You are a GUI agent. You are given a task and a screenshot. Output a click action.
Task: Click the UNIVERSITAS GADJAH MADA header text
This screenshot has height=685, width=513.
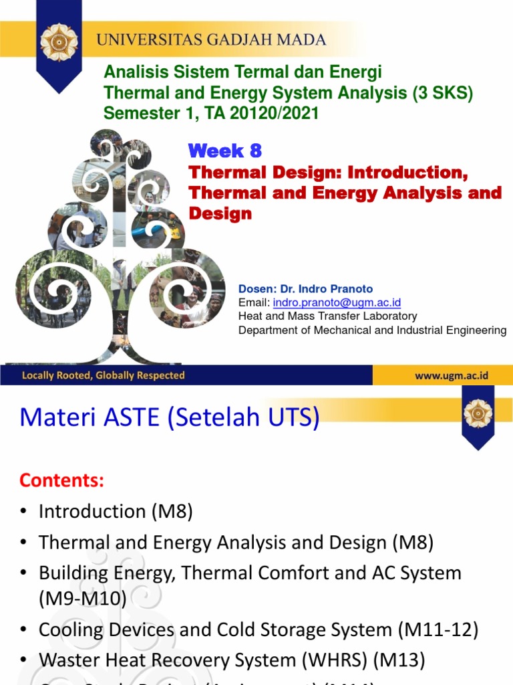[211, 40]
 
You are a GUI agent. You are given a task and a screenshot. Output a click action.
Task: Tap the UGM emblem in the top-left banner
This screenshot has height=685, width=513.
[59, 41]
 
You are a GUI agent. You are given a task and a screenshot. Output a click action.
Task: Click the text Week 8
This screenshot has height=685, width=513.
[224, 150]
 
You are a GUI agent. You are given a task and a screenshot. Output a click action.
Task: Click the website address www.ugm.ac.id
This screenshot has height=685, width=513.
[452, 376]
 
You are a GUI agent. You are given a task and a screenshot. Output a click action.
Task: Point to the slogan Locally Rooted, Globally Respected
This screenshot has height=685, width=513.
[103, 376]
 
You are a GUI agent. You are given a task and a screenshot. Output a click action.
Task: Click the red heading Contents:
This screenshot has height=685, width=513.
[61, 480]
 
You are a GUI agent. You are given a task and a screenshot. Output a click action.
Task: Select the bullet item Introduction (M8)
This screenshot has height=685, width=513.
[116, 512]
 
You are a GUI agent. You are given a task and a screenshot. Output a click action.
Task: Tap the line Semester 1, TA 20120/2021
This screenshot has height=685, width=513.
[211, 114]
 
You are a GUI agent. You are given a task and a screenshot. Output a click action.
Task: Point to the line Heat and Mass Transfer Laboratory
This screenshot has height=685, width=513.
[327, 316]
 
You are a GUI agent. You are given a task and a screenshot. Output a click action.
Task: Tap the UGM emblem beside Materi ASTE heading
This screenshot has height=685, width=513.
[478, 414]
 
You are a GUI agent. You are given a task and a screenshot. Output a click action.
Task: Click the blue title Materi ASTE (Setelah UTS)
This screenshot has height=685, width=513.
[170, 418]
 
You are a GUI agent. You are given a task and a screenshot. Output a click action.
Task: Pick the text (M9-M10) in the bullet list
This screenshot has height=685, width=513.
[83, 599]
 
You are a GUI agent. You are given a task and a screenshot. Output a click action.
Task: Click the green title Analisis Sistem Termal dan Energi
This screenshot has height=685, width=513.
[242, 72]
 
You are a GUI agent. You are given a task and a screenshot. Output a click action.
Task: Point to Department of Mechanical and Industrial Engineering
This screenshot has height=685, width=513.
[372, 330]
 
